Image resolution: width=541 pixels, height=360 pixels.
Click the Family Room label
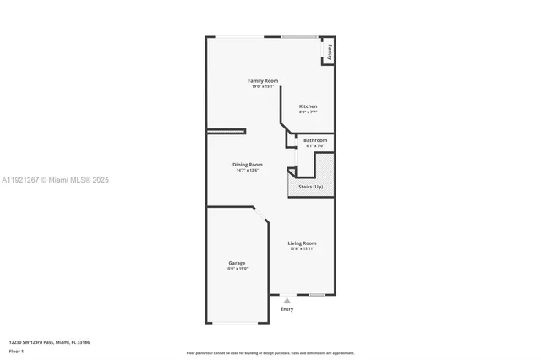(x=263, y=80)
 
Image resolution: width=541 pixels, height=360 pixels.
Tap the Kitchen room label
(x=308, y=106)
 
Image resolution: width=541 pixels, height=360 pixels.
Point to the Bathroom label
(x=315, y=140)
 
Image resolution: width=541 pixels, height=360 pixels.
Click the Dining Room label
(x=248, y=165)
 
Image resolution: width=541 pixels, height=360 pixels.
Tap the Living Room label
(x=302, y=243)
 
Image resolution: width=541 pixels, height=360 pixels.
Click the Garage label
(x=237, y=263)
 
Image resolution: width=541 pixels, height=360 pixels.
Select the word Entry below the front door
(x=287, y=309)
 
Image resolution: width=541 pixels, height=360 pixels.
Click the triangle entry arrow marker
(x=287, y=300)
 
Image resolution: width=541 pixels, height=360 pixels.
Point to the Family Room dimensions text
(x=263, y=86)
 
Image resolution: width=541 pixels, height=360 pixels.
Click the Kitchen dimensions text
(x=308, y=112)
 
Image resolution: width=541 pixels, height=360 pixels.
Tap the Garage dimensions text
(x=237, y=269)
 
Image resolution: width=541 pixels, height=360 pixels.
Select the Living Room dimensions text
(x=302, y=249)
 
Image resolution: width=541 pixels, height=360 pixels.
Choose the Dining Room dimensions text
(x=248, y=171)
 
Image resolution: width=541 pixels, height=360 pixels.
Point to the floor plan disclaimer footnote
(x=270, y=353)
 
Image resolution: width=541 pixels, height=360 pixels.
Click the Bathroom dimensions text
(x=315, y=146)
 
